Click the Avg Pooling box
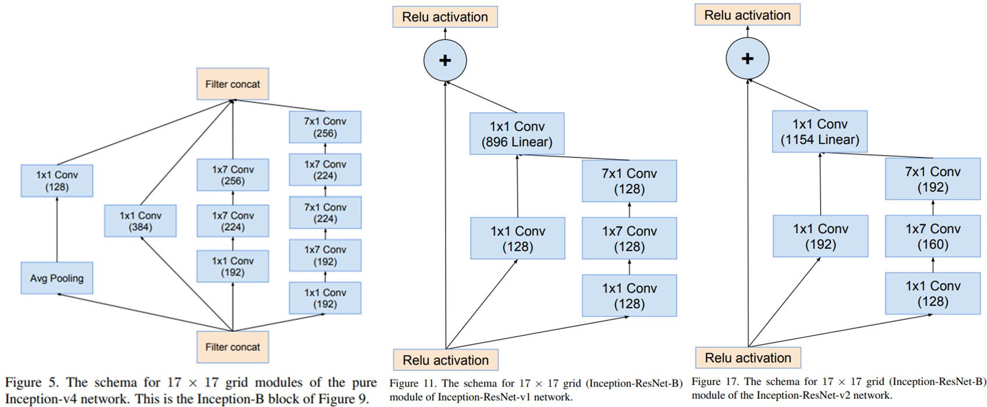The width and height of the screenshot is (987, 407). [57, 278]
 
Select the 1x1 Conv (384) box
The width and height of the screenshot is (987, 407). [140, 221]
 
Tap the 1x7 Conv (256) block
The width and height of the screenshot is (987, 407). [232, 175]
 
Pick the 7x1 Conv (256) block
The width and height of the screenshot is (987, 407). [325, 127]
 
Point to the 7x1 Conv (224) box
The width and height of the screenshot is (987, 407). [325, 212]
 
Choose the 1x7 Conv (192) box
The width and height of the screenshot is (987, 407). [325, 255]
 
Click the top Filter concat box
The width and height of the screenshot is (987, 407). [232, 84]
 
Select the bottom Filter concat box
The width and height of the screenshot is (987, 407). [232, 347]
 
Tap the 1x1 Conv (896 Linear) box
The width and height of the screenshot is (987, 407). [516, 134]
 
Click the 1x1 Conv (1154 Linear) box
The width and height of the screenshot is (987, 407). [820, 132]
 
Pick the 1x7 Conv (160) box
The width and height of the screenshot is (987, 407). [932, 236]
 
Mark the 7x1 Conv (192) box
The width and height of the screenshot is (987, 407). [932, 179]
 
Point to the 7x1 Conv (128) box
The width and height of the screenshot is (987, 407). [629, 181]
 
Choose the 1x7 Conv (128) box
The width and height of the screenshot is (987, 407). [629, 239]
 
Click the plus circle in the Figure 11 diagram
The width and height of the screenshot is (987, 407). [445, 60]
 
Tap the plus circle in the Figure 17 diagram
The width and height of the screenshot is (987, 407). [748, 59]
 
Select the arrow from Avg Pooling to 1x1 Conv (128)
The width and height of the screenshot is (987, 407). [57, 229]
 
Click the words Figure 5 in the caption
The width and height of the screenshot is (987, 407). [31, 383]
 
